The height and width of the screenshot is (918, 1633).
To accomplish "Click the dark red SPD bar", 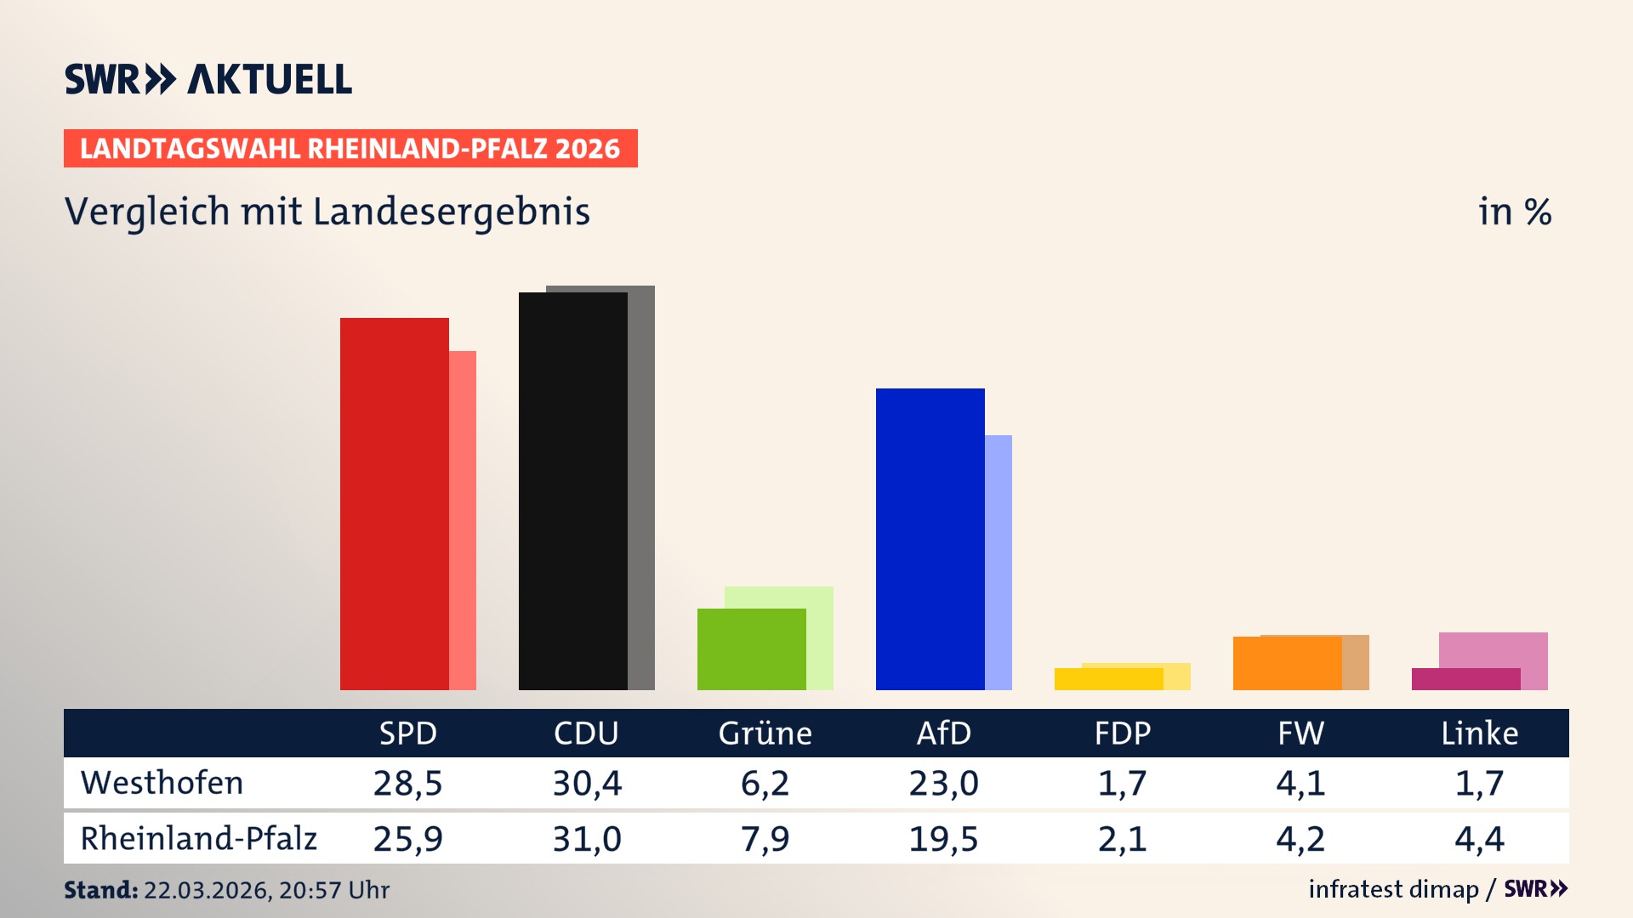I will [x=394, y=503].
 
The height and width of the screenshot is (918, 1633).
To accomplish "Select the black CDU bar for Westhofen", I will [x=572, y=490].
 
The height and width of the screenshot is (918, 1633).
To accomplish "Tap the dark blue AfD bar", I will [x=930, y=539].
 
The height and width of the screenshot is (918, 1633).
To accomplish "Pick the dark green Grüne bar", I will [x=751, y=649].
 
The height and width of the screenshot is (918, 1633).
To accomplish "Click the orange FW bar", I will [x=1287, y=663].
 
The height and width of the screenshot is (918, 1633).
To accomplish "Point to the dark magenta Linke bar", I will [x=1465, y=679].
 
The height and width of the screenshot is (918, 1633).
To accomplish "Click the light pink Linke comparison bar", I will [x=1494, y=649].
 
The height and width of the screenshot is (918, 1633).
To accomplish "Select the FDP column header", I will [x=1122, y=733].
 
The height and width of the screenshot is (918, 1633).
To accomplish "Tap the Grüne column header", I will [x=765, y=733].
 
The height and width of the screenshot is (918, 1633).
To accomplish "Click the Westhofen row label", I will [x=162, y=783].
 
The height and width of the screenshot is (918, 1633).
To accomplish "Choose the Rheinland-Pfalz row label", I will [x=198, y=838].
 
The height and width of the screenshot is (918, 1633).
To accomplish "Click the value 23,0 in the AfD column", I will [x=943, y=783].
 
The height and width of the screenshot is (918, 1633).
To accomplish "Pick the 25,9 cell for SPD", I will [x=407, y=839].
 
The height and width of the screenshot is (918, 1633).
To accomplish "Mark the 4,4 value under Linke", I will [x=1479, y=839].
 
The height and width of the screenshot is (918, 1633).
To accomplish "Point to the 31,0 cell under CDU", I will [x=587, y=839].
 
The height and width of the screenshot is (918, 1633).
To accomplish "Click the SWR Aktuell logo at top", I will [x=208, y=79].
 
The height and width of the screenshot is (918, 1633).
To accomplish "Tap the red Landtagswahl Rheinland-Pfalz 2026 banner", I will [x=350, y=149].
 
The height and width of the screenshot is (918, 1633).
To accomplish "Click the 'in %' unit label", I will [x=1514, y=212].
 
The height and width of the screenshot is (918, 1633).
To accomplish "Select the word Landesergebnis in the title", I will [x=451, y=212].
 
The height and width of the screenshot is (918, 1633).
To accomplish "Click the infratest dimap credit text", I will [x=1392, y=889].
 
